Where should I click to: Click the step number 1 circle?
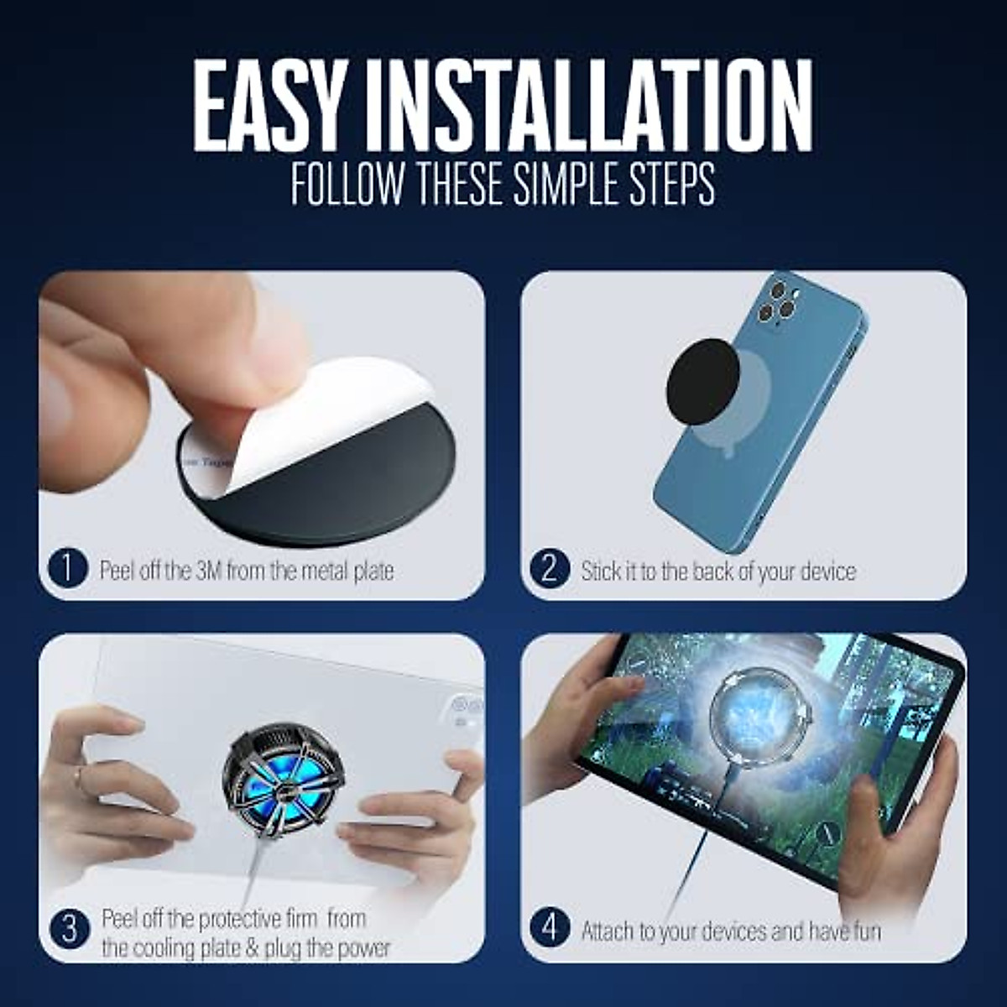point(68,570)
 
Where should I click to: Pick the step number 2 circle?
point(550,570)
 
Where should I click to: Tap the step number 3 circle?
point(70,929)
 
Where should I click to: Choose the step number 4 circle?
point(550,929)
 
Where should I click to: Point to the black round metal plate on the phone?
point(702,374)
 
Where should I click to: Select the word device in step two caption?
point(827,571)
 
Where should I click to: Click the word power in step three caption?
point(363,948)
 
